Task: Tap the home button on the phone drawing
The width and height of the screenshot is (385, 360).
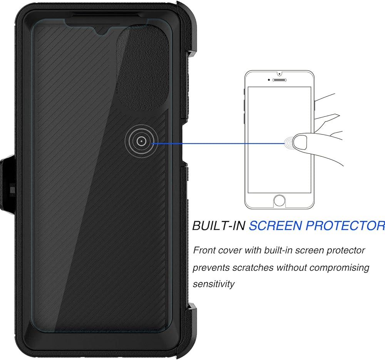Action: point(280,200)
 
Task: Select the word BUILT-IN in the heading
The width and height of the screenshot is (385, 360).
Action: point(218,225)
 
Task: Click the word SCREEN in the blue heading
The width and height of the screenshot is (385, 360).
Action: point(274,225)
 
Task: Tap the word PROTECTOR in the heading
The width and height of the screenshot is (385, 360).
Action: point(345,225)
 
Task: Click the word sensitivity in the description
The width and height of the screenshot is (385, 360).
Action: point(213,284)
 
